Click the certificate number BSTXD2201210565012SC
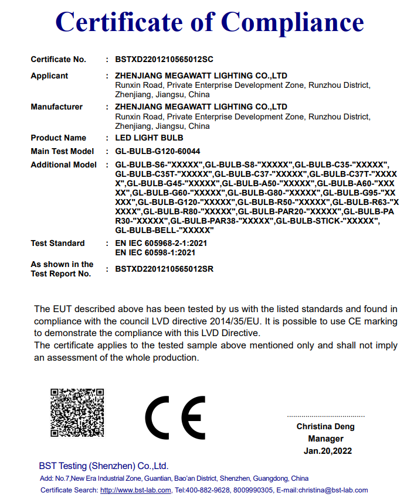tap(164, 60)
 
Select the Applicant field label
tap(49, 76)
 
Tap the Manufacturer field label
tap(56, 107)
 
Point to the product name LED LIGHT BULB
tap(150, 138)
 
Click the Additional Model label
tap(63, 165)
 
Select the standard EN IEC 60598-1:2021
tap(155, 253)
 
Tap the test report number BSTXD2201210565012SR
tap(164, 269)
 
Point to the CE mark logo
tap(174, 418)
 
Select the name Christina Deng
tap(325, 427)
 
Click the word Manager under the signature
tap(325, 439)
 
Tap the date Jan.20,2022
tap(328, 451)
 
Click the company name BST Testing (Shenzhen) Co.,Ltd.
tap(104, 466)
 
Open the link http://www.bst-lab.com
tap(135, 490)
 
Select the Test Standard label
tap(57, 244)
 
